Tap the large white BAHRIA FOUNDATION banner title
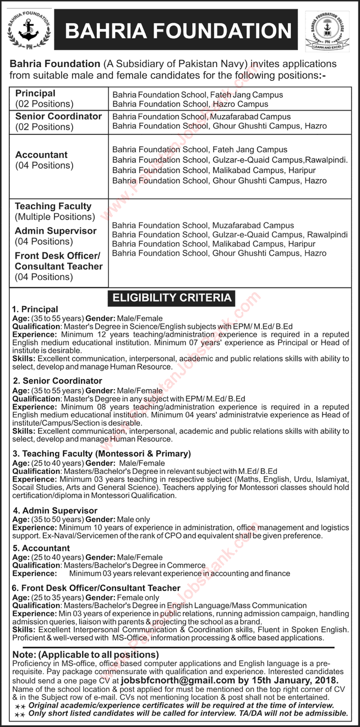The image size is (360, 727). tap(178, 30)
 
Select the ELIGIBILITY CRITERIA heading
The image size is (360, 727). tap(172, 298)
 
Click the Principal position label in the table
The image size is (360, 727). tap(35, 94)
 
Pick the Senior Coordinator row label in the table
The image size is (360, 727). tap(58, 116)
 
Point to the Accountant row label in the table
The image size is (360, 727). tap(41, 155)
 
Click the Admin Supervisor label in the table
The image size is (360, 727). tap(56, 231)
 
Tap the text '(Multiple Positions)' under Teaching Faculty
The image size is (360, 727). tap(54, 217)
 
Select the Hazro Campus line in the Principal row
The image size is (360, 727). tap(190, 103)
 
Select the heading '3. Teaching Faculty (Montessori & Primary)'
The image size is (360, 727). tap(101, 453)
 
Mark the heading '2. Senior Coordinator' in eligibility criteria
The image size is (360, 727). tap(57, 380)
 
